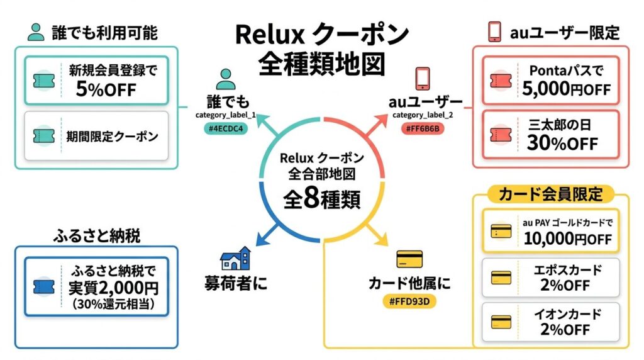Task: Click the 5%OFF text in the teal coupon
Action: [106, 89]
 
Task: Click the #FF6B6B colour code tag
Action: [419, 128]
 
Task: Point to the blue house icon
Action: [235, 258]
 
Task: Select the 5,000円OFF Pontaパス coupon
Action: [551, 80]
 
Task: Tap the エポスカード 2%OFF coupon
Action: [551, 277]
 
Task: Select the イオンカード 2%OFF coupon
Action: [551, 322]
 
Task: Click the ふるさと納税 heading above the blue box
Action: [96, 237]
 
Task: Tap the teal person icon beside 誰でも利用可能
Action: [36, 32]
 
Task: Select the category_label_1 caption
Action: [226, 115]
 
